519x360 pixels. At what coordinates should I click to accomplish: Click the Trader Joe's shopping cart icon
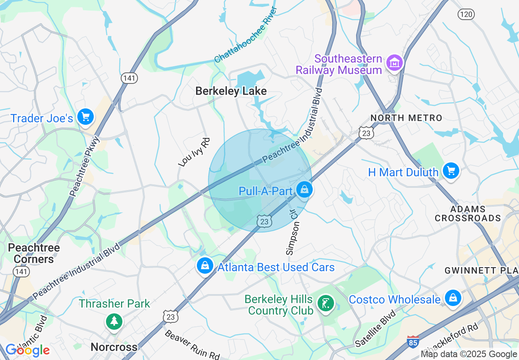pyautogui.click(x=86, y=117)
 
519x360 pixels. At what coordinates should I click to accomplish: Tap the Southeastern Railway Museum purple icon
pyautogui.click(x=395, y=63)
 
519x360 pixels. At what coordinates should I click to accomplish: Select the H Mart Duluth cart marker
pyautogui.click(x=451, y=171)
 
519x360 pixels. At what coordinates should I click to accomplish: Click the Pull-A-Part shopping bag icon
pyautogui.click(x=304, y=189)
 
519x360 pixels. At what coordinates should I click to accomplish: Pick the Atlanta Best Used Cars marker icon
pyautogui.click(x=205, y=266)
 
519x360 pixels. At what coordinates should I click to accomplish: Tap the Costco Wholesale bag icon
pyautogui.click(x=453, y=298)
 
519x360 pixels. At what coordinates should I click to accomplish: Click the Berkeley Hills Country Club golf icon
pyautogui.click(x=326, y=304)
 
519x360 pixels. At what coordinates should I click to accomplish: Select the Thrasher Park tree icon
pyautogui.click(x=114, y=321)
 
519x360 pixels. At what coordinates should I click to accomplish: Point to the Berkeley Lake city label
pyautogui.click(x=231, y=91)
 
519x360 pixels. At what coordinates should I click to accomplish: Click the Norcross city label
pyautogui.click(x=114, y=347)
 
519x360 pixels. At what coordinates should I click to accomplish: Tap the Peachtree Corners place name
pyautogui.click(x=34, y=253)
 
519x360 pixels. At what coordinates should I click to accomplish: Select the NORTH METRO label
pyautogui.click(x=406, y=118)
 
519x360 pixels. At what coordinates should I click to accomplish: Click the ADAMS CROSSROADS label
pyautogui.click(x=467, y=214)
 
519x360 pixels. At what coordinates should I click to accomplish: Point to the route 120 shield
pyautogui.click(x=466, y=15)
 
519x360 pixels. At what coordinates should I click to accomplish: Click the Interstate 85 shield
pyautogui.click(x=413, y=342)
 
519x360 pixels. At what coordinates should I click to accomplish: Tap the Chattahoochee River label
pyautogui.click(x=246, y=35)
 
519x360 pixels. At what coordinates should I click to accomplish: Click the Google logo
pyautogui.click(x=27, y=350)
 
